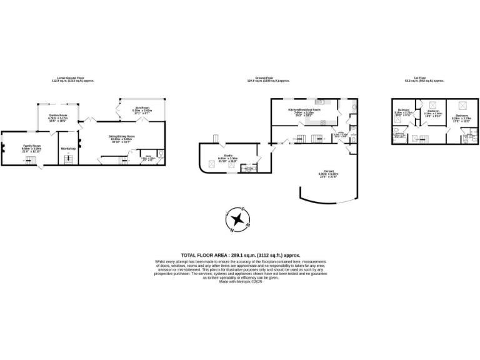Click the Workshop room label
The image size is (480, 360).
point(68,149)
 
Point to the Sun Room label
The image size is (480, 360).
point(141,107)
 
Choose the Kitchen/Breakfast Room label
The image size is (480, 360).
point(304,109)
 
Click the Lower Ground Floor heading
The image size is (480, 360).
point(66,78)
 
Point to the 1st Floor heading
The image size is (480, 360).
point(424,78)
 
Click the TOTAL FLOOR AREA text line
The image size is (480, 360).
point(240,255)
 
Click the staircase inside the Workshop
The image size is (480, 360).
point(68,159)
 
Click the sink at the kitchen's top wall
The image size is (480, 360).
point(319,101)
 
